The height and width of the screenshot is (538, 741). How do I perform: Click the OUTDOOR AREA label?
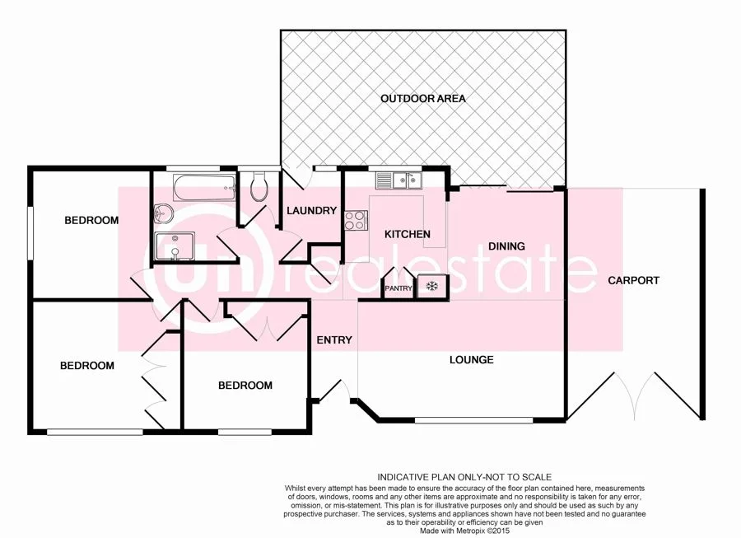click(422, 99)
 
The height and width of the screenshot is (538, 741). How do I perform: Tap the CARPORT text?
click(633, 281)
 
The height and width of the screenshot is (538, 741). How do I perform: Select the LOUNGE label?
click(471, 360)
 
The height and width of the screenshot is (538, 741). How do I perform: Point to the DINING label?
click(506, 246)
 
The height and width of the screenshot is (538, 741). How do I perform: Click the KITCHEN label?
click(408, 235)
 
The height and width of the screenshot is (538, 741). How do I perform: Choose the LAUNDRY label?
click(311, 211)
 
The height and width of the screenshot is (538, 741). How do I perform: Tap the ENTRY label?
click(333, 340)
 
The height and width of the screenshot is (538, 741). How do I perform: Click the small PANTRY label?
click(398, 288)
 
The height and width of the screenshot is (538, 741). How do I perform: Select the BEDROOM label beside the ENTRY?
click(245, 386)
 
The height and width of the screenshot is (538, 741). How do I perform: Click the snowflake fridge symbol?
click(431, 287)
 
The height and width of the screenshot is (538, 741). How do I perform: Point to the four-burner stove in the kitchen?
click(356, 220)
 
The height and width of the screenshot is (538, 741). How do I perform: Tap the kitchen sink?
click(398, 179)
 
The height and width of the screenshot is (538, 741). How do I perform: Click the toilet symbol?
click(258, 186)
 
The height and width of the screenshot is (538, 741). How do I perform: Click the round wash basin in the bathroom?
click(161, 213)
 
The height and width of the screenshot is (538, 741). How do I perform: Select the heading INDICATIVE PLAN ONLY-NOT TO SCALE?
click(464, 477)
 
